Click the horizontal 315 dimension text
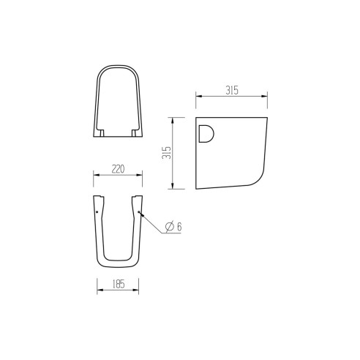point(232,90)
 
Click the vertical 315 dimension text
point(167,153)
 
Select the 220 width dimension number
point(117,169)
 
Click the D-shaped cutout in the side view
point(206,134)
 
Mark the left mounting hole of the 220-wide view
point(97,213)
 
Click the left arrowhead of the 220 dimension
point(96,175)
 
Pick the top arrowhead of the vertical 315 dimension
point(173,118)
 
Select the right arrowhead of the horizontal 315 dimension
point(266,96)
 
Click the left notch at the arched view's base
point(102,132)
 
